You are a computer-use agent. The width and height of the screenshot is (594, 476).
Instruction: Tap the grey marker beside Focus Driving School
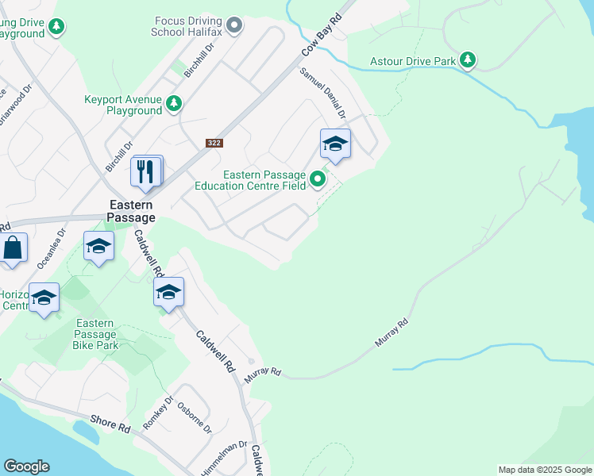pos(234,26)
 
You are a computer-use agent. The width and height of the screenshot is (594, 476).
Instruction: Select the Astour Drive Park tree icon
pos(469,60)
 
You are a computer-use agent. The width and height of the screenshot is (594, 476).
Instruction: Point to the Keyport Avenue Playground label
pos(123,105)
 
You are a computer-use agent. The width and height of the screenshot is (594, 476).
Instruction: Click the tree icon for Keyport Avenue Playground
pos(174,103)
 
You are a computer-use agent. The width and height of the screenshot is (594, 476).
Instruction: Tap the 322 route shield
pos(214,143)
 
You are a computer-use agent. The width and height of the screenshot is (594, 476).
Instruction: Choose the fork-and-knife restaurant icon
pos(146,171)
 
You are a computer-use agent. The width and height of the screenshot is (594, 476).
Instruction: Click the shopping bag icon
pos(13,248)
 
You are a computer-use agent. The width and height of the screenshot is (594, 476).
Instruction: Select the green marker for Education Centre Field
pos(318,179)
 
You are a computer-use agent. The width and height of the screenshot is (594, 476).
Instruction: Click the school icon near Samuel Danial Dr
pos(335,144)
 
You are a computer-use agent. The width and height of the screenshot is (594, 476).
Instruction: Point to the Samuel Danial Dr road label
pos(322,93)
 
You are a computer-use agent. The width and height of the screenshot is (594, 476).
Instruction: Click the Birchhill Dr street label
pos(199,59)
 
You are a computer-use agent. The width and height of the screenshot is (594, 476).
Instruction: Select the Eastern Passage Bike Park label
pos(94,334)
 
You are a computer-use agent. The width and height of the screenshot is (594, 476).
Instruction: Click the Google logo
pos(26,466)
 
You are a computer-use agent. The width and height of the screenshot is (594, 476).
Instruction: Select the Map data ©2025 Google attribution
pos(545,470)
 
